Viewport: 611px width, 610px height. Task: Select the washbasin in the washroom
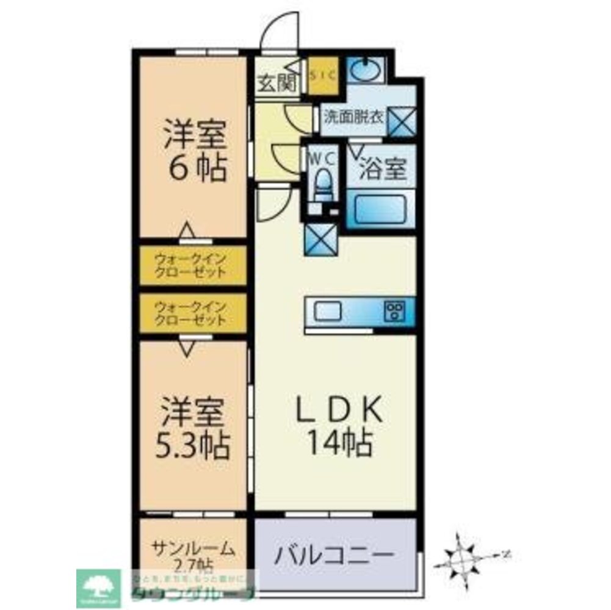(x=365, y=69)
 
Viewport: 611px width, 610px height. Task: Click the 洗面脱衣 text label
(x=353, y=116)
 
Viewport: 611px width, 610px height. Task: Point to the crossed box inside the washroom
(x=403, y=120)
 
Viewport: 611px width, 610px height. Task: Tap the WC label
(x=322, y=159)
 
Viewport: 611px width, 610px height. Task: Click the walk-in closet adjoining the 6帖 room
(x=192, y=264)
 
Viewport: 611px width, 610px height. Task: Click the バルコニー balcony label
(x=333, y=554)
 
